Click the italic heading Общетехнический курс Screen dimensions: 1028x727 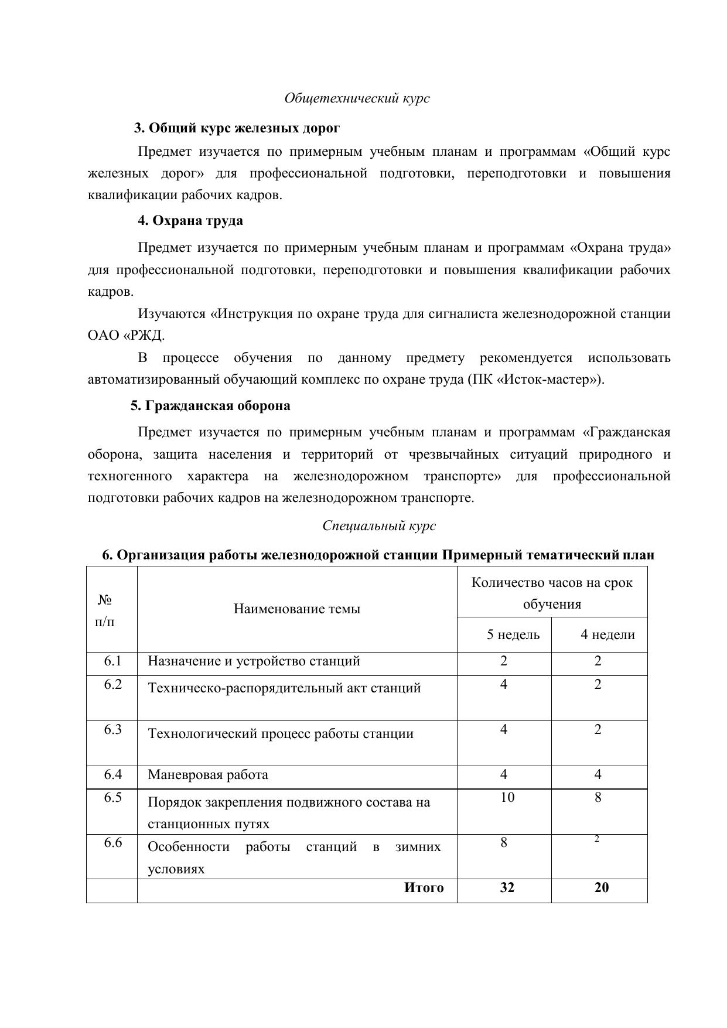(357, 98)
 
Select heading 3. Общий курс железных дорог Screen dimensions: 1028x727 (237, 128)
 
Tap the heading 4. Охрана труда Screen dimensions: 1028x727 (190, 221)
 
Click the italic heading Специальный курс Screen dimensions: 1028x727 (379, 525)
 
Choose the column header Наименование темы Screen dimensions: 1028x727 (297, 609)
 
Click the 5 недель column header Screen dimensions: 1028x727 (513, 634)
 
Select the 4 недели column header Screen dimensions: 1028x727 (607, 634)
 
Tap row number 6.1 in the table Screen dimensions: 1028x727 (113, 661)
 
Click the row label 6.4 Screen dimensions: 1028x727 (113, 774)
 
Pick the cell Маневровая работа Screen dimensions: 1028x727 (208, 775)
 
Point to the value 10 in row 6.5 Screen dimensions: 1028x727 (507, 797)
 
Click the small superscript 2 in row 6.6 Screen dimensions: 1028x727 (597, 839)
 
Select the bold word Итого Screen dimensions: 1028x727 (424, 887)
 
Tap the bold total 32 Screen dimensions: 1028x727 (507, 887)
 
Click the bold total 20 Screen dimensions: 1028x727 (602, 887)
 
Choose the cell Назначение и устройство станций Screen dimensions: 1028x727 (254, 661)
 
